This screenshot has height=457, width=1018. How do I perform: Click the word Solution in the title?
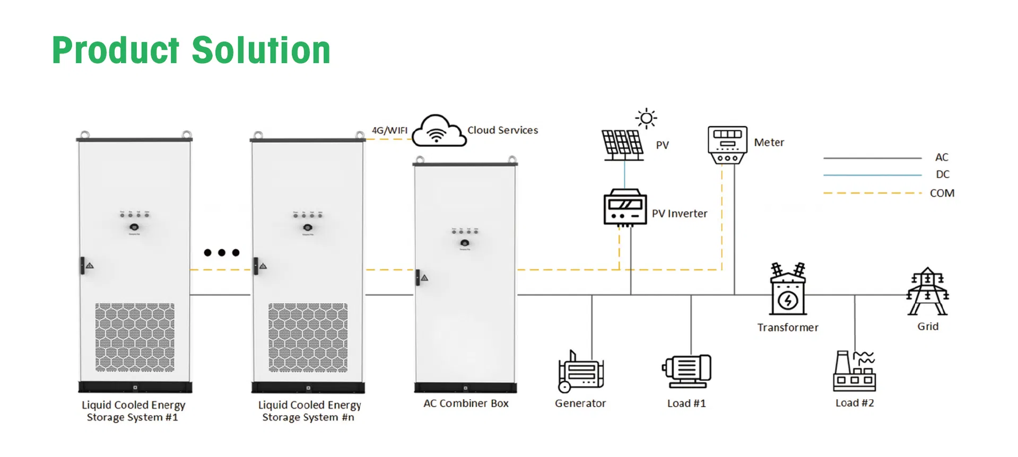pos(261,50)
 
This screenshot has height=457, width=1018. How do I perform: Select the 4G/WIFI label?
pos(389,130)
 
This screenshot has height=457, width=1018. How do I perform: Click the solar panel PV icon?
pos(622,145)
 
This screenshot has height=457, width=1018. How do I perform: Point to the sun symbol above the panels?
pos(646,118)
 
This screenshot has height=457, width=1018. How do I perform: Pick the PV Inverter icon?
pos(625,207)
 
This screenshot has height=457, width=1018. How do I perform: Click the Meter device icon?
pos(727,144)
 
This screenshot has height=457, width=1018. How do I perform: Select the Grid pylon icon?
pos(927,292)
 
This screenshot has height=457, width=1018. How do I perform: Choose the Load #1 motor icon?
pos(687,370)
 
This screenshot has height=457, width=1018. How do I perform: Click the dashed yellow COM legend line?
pos(872,193)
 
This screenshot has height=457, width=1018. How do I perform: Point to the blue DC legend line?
pos(872,174)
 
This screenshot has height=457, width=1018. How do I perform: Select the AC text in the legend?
pos(942,157)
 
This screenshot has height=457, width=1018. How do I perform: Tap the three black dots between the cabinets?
pos(222,252)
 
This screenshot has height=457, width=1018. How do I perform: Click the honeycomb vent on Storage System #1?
pos(135,337)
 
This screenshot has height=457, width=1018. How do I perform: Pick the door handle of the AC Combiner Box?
pos(418,277)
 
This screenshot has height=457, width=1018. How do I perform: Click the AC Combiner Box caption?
pos(466,403)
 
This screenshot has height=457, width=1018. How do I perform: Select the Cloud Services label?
pos(502,130)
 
